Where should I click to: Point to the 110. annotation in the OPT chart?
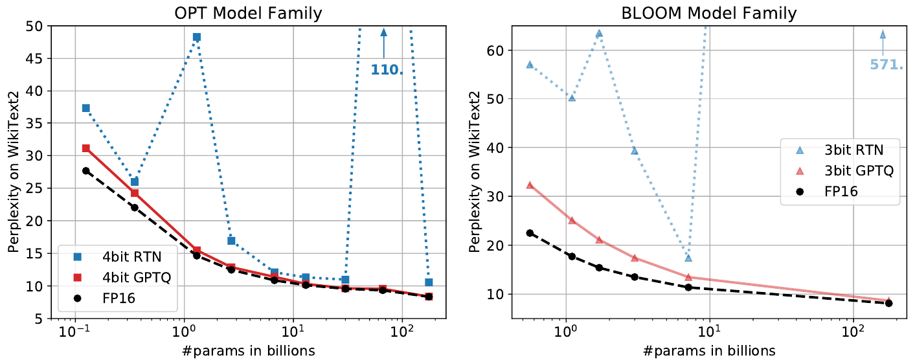[387, 69]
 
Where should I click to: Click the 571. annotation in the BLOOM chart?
[886, 64]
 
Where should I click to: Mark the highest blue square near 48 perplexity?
[196, 37]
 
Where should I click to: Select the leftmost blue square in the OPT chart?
[85, 108]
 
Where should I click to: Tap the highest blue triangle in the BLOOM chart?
[599, 33]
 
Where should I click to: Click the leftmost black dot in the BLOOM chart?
[530, 233]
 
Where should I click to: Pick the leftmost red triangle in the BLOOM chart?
[530, 185]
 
